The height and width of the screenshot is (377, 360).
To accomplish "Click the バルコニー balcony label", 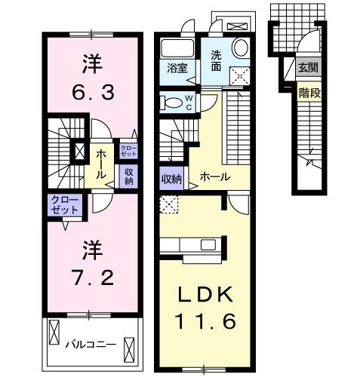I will [x=90, y=344].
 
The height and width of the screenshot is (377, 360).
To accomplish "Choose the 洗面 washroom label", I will [x=216, y=60].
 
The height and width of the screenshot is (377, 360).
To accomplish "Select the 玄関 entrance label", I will [x=307, y=68].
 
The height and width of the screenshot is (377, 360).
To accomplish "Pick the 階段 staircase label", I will [x=307, y=93].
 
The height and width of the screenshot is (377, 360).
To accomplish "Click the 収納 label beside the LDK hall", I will [x=171, y=179].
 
